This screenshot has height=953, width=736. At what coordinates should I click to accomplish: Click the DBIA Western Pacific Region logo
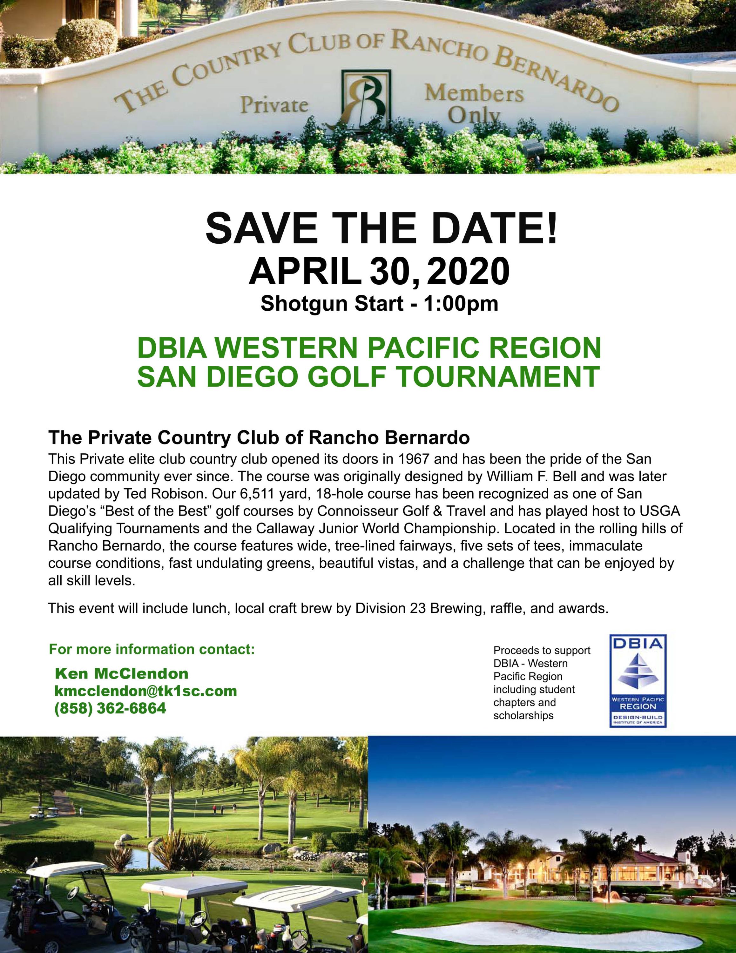[x=638, y=680]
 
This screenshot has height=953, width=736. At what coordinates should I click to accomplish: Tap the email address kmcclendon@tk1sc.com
[x=146, y=691]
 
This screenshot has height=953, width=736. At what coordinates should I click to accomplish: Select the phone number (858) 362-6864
[x=110, y=708]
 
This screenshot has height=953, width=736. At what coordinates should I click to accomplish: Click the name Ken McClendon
[x=121, y=673]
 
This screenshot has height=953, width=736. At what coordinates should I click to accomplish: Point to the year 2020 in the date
[x=469, y=271]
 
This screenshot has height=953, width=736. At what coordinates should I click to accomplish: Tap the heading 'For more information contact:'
[x=152, y=649]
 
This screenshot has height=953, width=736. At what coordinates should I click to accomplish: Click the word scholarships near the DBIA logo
[x=523, y=716]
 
